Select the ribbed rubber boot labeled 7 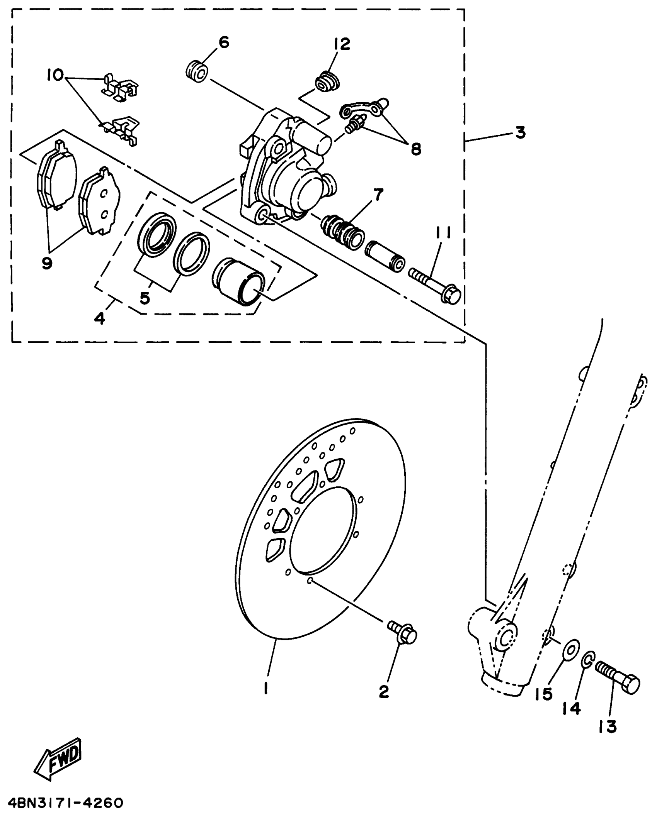342,232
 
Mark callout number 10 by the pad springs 56,74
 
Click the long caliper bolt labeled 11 434,285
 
